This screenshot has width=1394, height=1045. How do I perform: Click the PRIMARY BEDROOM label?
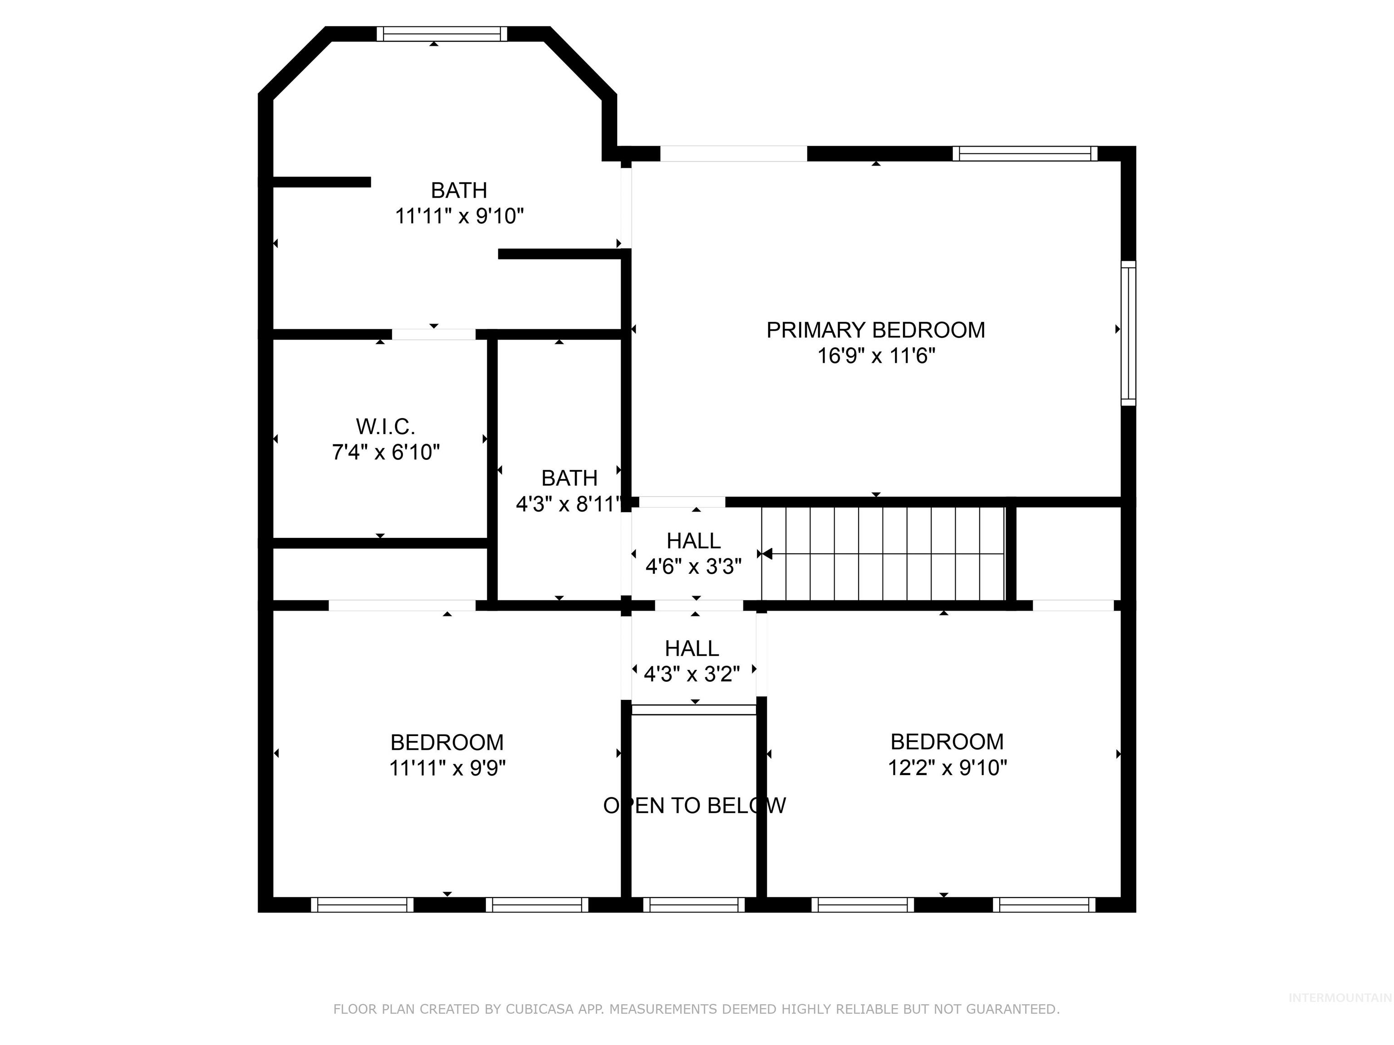click(875, 330)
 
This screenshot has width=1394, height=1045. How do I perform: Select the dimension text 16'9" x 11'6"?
click(875, 356)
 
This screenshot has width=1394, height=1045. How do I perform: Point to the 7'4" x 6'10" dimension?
click(385, 452)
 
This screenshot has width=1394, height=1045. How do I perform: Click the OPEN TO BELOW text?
click(694, 806)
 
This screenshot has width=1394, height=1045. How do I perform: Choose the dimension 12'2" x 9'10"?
click(947, 768)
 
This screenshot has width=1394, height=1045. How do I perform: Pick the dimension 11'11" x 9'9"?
click(447, 768)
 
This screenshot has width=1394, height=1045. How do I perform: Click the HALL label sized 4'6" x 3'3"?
click(693, 541)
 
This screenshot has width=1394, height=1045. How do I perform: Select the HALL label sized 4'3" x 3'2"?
click(692, 649)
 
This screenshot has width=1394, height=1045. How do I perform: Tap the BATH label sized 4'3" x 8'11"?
click(569, 479)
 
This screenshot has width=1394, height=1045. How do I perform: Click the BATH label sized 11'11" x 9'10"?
click(459, 190)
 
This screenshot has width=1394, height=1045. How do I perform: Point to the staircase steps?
click(882, 554)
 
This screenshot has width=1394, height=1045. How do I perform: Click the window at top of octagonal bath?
click(442, 34)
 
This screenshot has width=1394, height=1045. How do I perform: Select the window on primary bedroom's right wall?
click(1128, 332)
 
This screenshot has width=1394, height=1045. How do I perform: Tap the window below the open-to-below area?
click(693, 904)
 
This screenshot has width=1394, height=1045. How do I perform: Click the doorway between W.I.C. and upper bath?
click(433, 334)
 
